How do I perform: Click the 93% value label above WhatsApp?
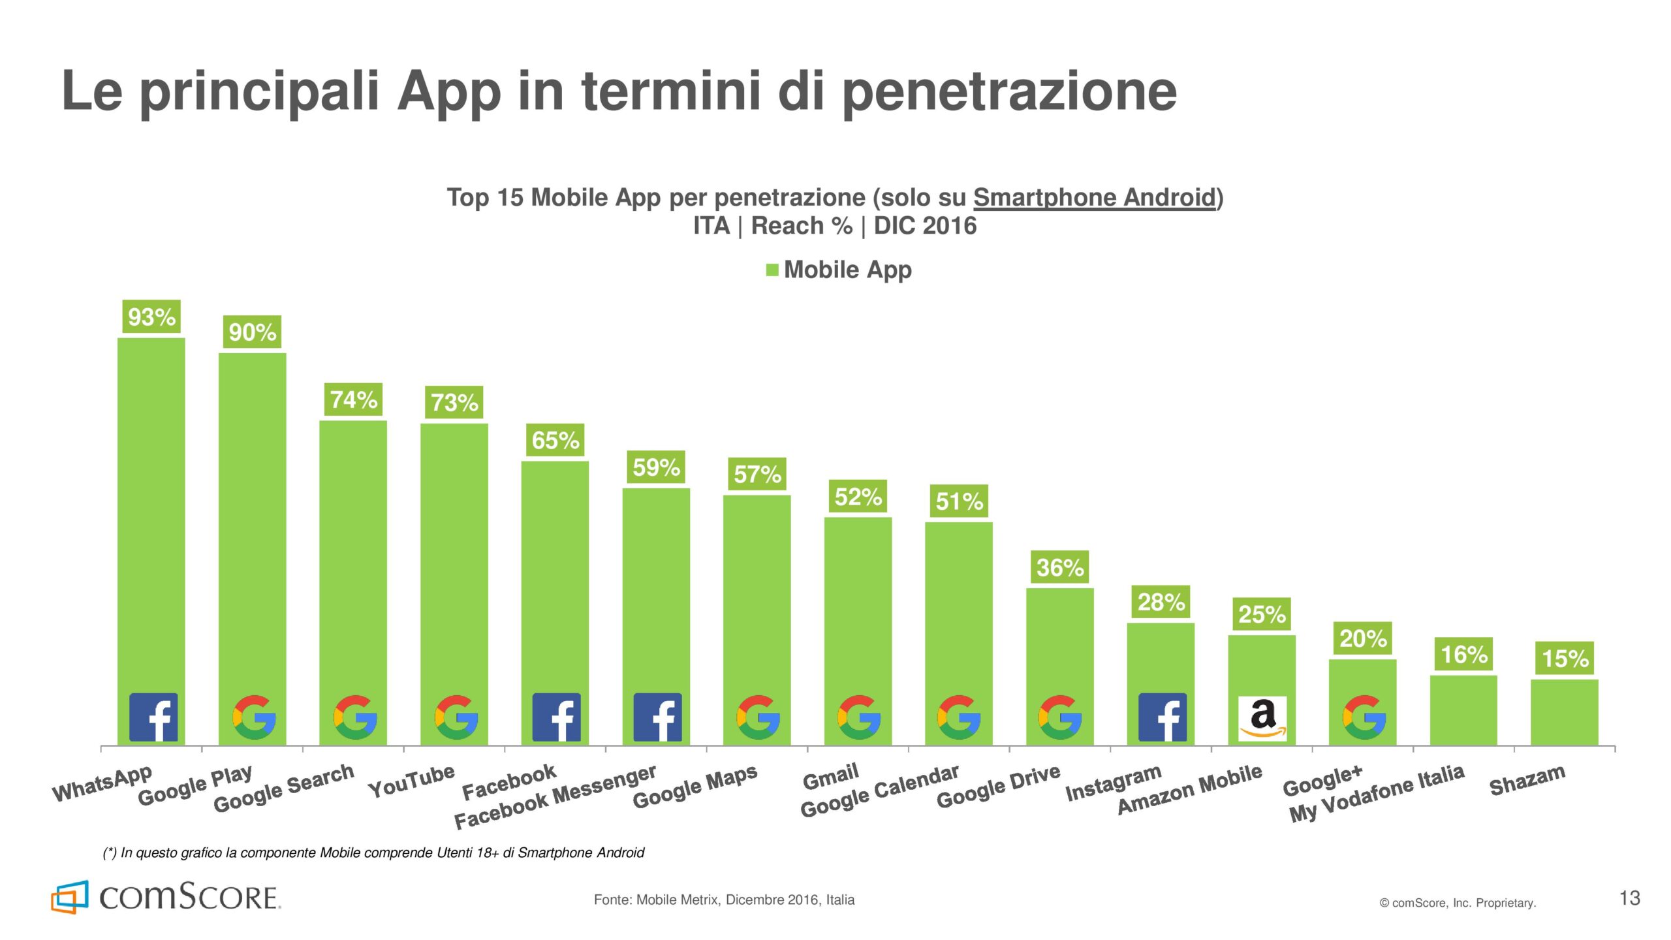point(151,317)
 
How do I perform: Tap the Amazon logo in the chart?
point(1262,718)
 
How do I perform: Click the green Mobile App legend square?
point(772,270)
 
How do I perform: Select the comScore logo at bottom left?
point(166,897)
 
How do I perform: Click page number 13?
point(1629,898)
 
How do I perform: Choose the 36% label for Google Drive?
point(1060,567)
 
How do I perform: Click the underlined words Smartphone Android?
point(1095,197)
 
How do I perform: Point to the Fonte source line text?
point(724,900)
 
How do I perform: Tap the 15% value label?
point(1565,658)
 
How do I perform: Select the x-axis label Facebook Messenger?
point(555,796)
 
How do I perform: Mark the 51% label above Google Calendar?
point(959,501)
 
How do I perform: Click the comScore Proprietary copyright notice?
point(1457,903)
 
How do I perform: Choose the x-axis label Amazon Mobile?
point(1189,789)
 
